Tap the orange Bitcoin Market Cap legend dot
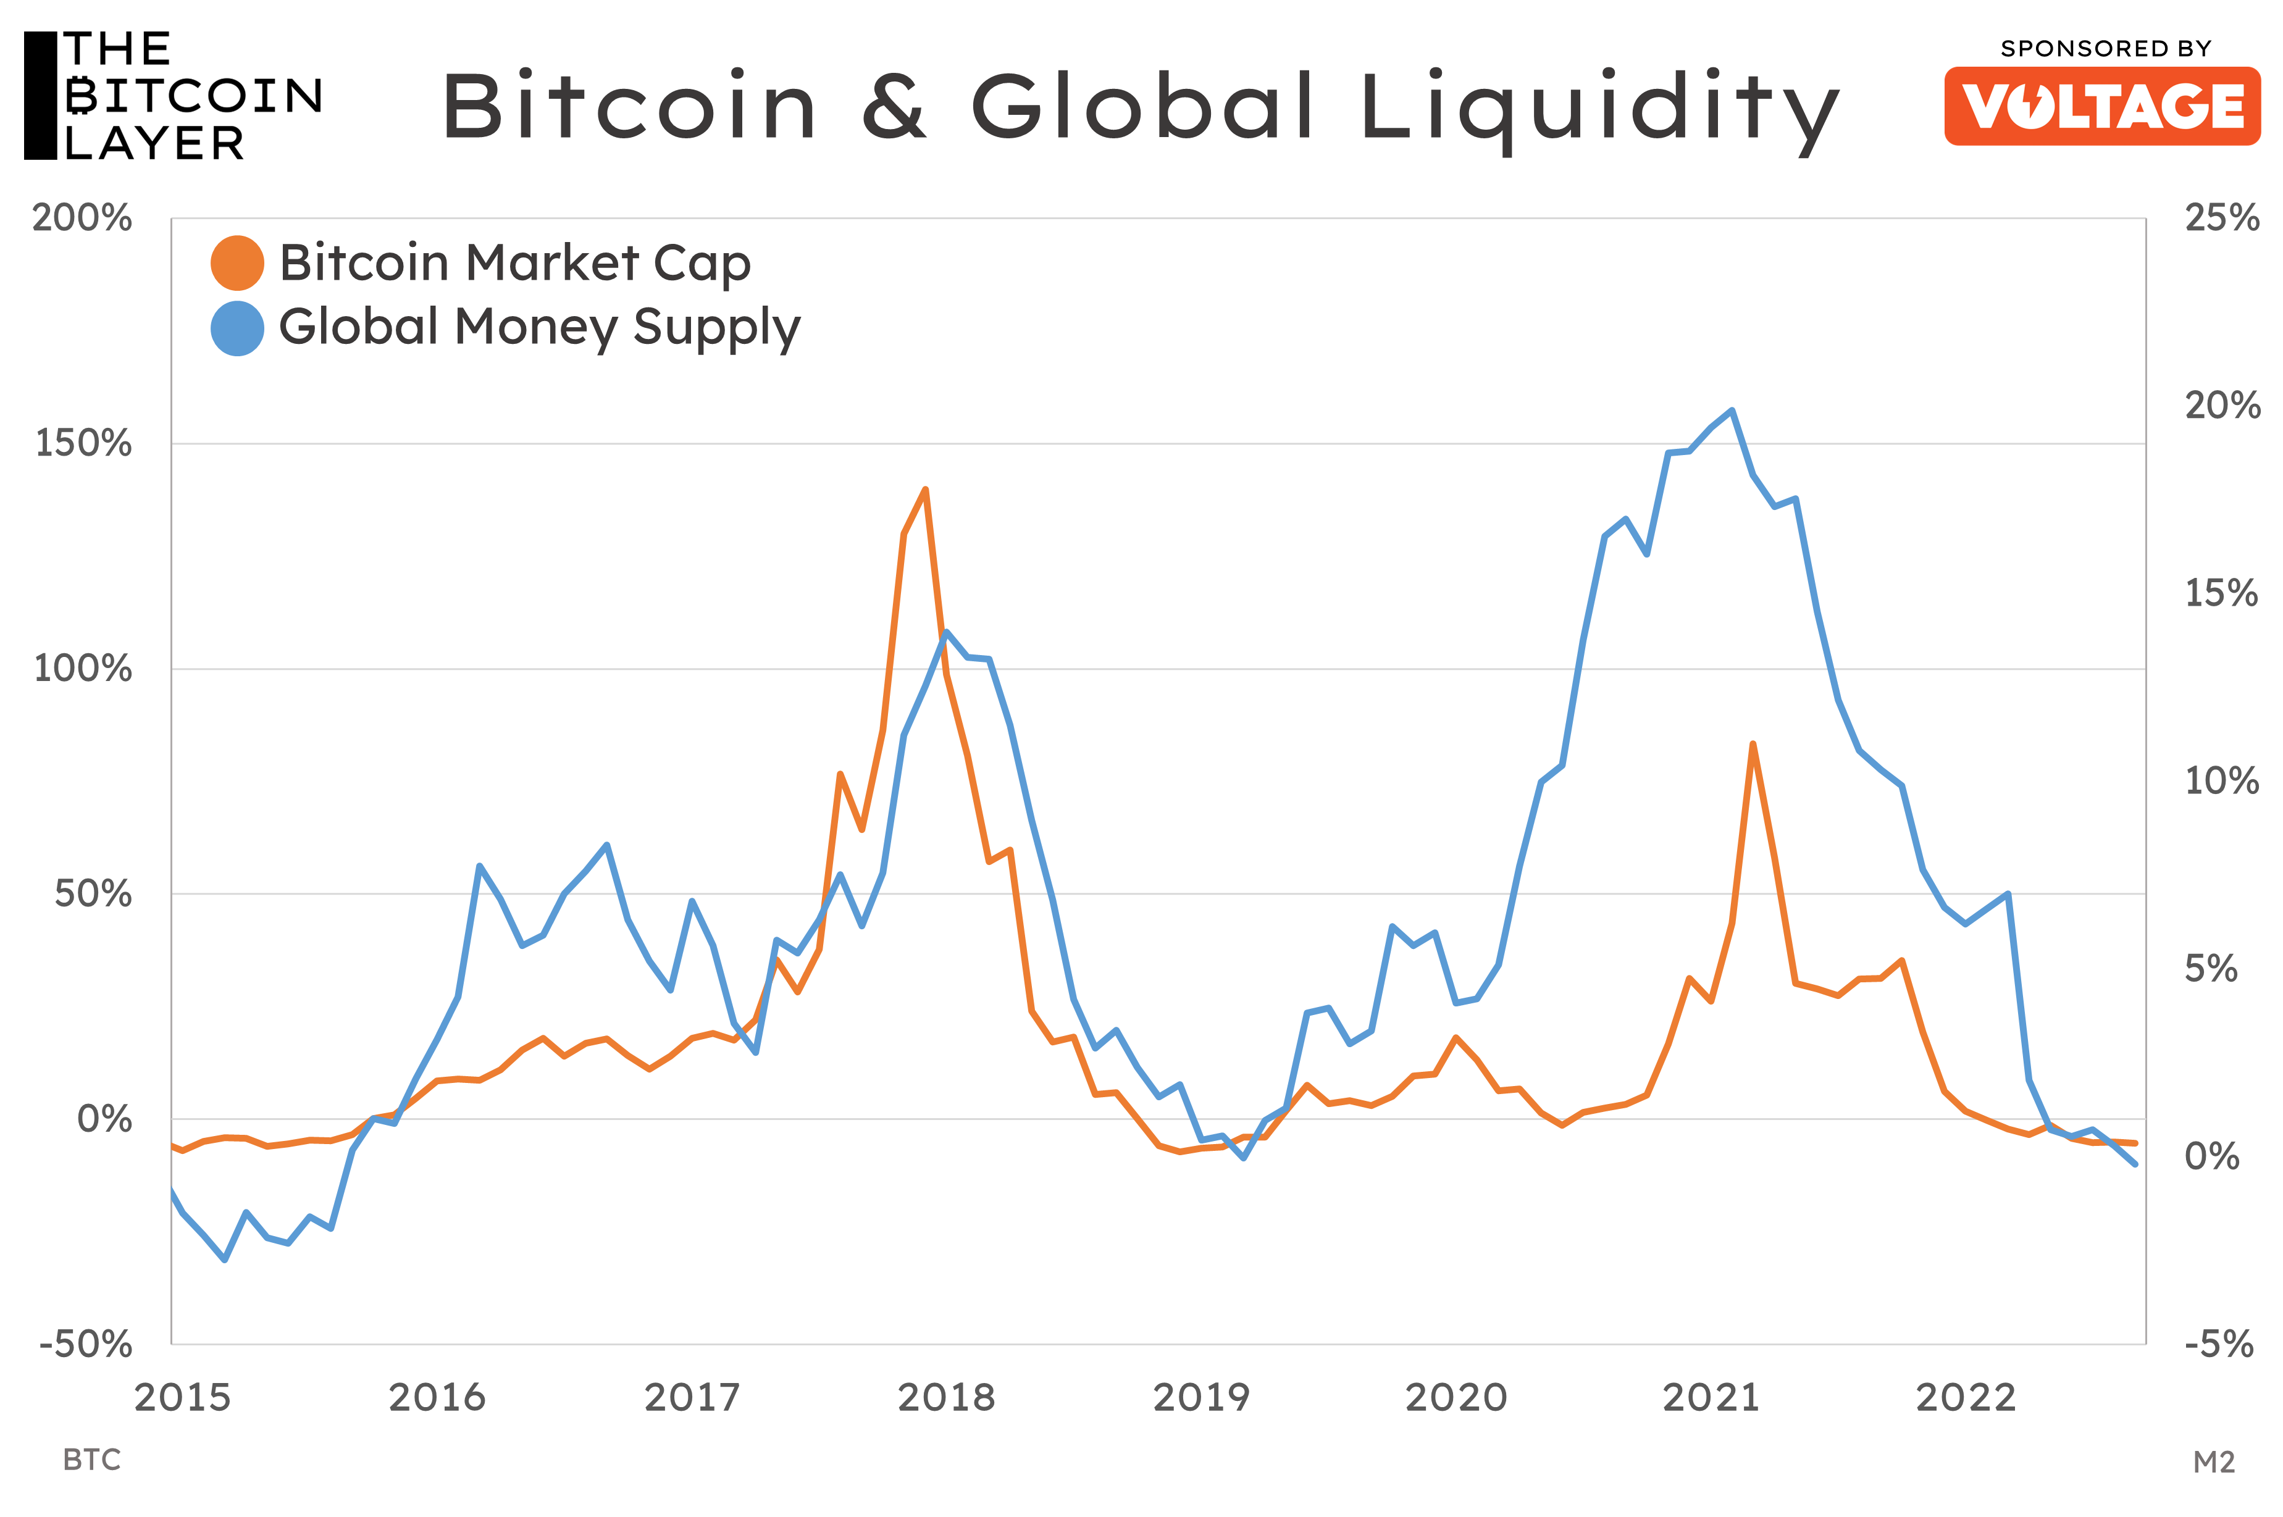point(237,263)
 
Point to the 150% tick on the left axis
point(83,444)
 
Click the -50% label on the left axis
point(85,1344)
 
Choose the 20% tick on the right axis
point(2222,406)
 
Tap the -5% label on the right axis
point(2218,1344)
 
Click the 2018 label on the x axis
point(946,1398)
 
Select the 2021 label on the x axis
point(1711,1398)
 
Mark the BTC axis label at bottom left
point(92,1460)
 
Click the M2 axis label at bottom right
point(2213,1462)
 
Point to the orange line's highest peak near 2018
point(925,490)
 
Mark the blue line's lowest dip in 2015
point(224,1260)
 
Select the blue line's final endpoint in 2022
point(2135,1164)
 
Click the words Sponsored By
point(2105,48)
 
